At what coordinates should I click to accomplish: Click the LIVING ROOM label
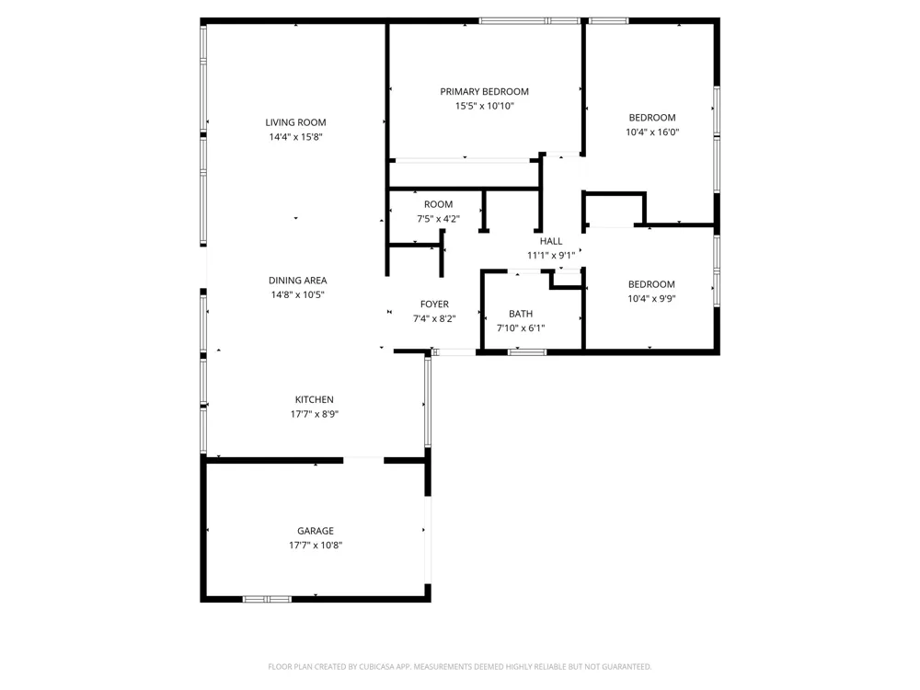point(295,122)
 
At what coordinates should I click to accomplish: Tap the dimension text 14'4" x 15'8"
point(295,137)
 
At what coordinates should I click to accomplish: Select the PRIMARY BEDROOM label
point(484,91)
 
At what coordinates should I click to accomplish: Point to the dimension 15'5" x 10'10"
point(484,106)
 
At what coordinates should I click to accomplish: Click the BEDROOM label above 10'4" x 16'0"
point(652,118)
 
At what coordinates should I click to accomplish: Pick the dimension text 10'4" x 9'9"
point(651,299)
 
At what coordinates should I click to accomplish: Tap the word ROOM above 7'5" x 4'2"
point(438,204)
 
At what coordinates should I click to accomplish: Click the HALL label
point(551,241)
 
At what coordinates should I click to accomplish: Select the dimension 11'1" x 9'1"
point(551,255)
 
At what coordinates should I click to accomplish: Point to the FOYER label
point(434,304)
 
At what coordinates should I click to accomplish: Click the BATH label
point(521,314)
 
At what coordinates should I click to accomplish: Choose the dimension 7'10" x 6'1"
point(521,328)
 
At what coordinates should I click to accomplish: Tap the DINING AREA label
point(297,281)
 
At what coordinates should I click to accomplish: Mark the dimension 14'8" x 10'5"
point(297,294)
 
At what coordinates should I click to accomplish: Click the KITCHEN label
point(314,399)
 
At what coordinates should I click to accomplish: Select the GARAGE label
point(315,531)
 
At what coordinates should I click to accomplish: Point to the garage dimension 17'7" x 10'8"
point(315,545)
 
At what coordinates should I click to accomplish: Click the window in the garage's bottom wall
point(267,599)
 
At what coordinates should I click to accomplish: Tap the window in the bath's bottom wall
point(527,352)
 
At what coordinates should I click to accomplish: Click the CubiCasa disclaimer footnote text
point(459,666)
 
